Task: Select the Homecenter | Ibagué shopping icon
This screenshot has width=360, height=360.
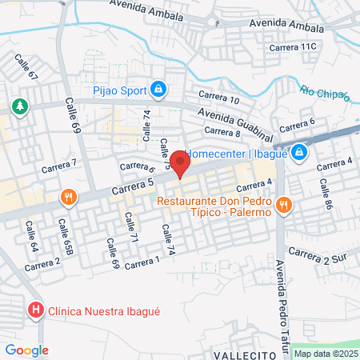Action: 298,151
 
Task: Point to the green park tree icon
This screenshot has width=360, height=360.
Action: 19,106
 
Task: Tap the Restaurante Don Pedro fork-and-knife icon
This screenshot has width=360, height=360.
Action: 283,206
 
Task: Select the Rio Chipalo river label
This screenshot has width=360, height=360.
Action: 325,94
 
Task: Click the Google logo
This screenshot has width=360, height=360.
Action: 26,350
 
